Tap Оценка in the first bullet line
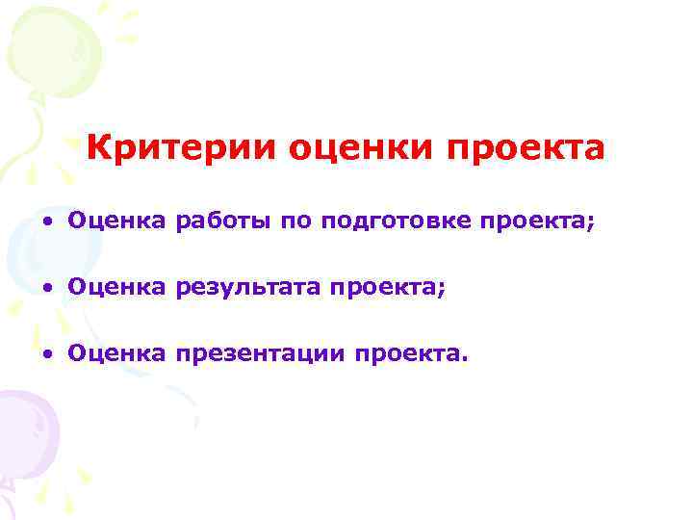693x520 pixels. pos(117,222)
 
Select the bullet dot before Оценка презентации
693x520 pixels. pos(45,354)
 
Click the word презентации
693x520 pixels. pos(261,355)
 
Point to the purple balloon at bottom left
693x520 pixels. pos(24,433)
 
